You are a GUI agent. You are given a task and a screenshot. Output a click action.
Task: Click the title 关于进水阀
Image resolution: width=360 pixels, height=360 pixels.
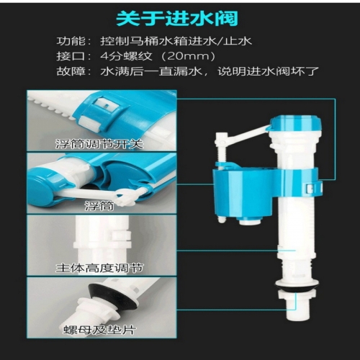[177, 19]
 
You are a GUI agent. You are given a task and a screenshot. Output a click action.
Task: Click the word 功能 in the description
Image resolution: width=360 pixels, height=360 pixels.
[71, 41]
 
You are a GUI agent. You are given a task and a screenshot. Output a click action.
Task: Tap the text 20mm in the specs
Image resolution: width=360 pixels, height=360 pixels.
[188, 56]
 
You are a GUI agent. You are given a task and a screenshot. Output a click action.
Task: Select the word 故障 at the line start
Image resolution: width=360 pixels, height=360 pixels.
[71, 71]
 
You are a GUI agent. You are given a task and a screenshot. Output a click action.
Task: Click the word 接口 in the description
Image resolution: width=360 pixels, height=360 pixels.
[71, 56]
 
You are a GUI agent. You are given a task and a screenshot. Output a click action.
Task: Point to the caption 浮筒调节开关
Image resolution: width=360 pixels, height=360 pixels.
[99, 144]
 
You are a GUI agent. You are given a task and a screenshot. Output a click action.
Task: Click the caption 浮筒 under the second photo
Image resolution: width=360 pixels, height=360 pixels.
[99, 206]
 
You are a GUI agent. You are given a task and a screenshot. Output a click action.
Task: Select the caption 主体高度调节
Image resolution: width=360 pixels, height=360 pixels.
[99, 268]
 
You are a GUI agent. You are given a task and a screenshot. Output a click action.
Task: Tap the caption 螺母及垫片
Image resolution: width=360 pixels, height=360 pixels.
[99, 330]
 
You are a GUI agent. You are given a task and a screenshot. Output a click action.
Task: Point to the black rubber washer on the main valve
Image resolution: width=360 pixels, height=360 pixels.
[297, 287]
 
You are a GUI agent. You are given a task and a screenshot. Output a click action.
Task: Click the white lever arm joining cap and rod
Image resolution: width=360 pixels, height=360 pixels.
[247, 135]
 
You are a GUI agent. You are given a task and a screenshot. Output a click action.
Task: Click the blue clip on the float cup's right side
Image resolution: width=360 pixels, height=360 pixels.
[313, 187]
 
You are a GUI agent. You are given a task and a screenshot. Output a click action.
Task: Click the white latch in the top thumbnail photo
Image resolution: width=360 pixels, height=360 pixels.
[107, 105]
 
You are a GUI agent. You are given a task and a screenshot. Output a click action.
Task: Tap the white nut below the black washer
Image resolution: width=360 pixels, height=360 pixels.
[297, 294]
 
